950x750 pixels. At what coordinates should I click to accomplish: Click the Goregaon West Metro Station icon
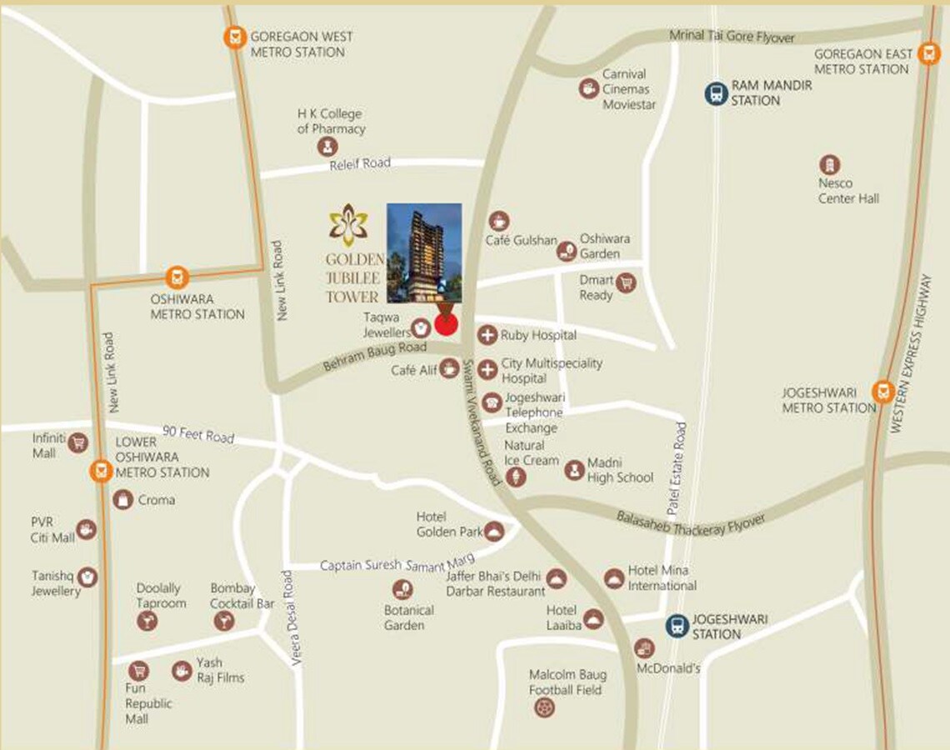[236, 37]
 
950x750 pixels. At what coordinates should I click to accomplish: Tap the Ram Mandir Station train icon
[715, 93]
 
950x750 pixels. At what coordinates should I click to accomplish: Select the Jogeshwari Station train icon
[677, 626]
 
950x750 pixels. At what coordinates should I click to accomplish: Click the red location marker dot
[447, 323]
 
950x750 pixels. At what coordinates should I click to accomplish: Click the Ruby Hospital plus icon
[487, 335]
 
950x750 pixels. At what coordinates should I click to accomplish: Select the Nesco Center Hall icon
[828, 164]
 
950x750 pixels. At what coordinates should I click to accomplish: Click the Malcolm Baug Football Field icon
[544, 707]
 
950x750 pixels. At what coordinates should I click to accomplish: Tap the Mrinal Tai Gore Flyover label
[732, 37]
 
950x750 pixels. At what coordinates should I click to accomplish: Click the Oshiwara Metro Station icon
[175, 277]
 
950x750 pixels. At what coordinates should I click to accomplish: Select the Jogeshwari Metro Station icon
[882, 391]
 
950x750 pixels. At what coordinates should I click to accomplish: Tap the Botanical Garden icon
[402, 589]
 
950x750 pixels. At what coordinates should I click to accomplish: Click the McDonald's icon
[644, 647]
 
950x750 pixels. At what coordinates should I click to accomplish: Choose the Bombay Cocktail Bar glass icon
[223, 620]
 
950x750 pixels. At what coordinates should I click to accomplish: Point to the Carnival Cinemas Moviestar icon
[589, 88]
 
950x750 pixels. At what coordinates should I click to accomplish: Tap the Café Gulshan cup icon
[498, 221]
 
